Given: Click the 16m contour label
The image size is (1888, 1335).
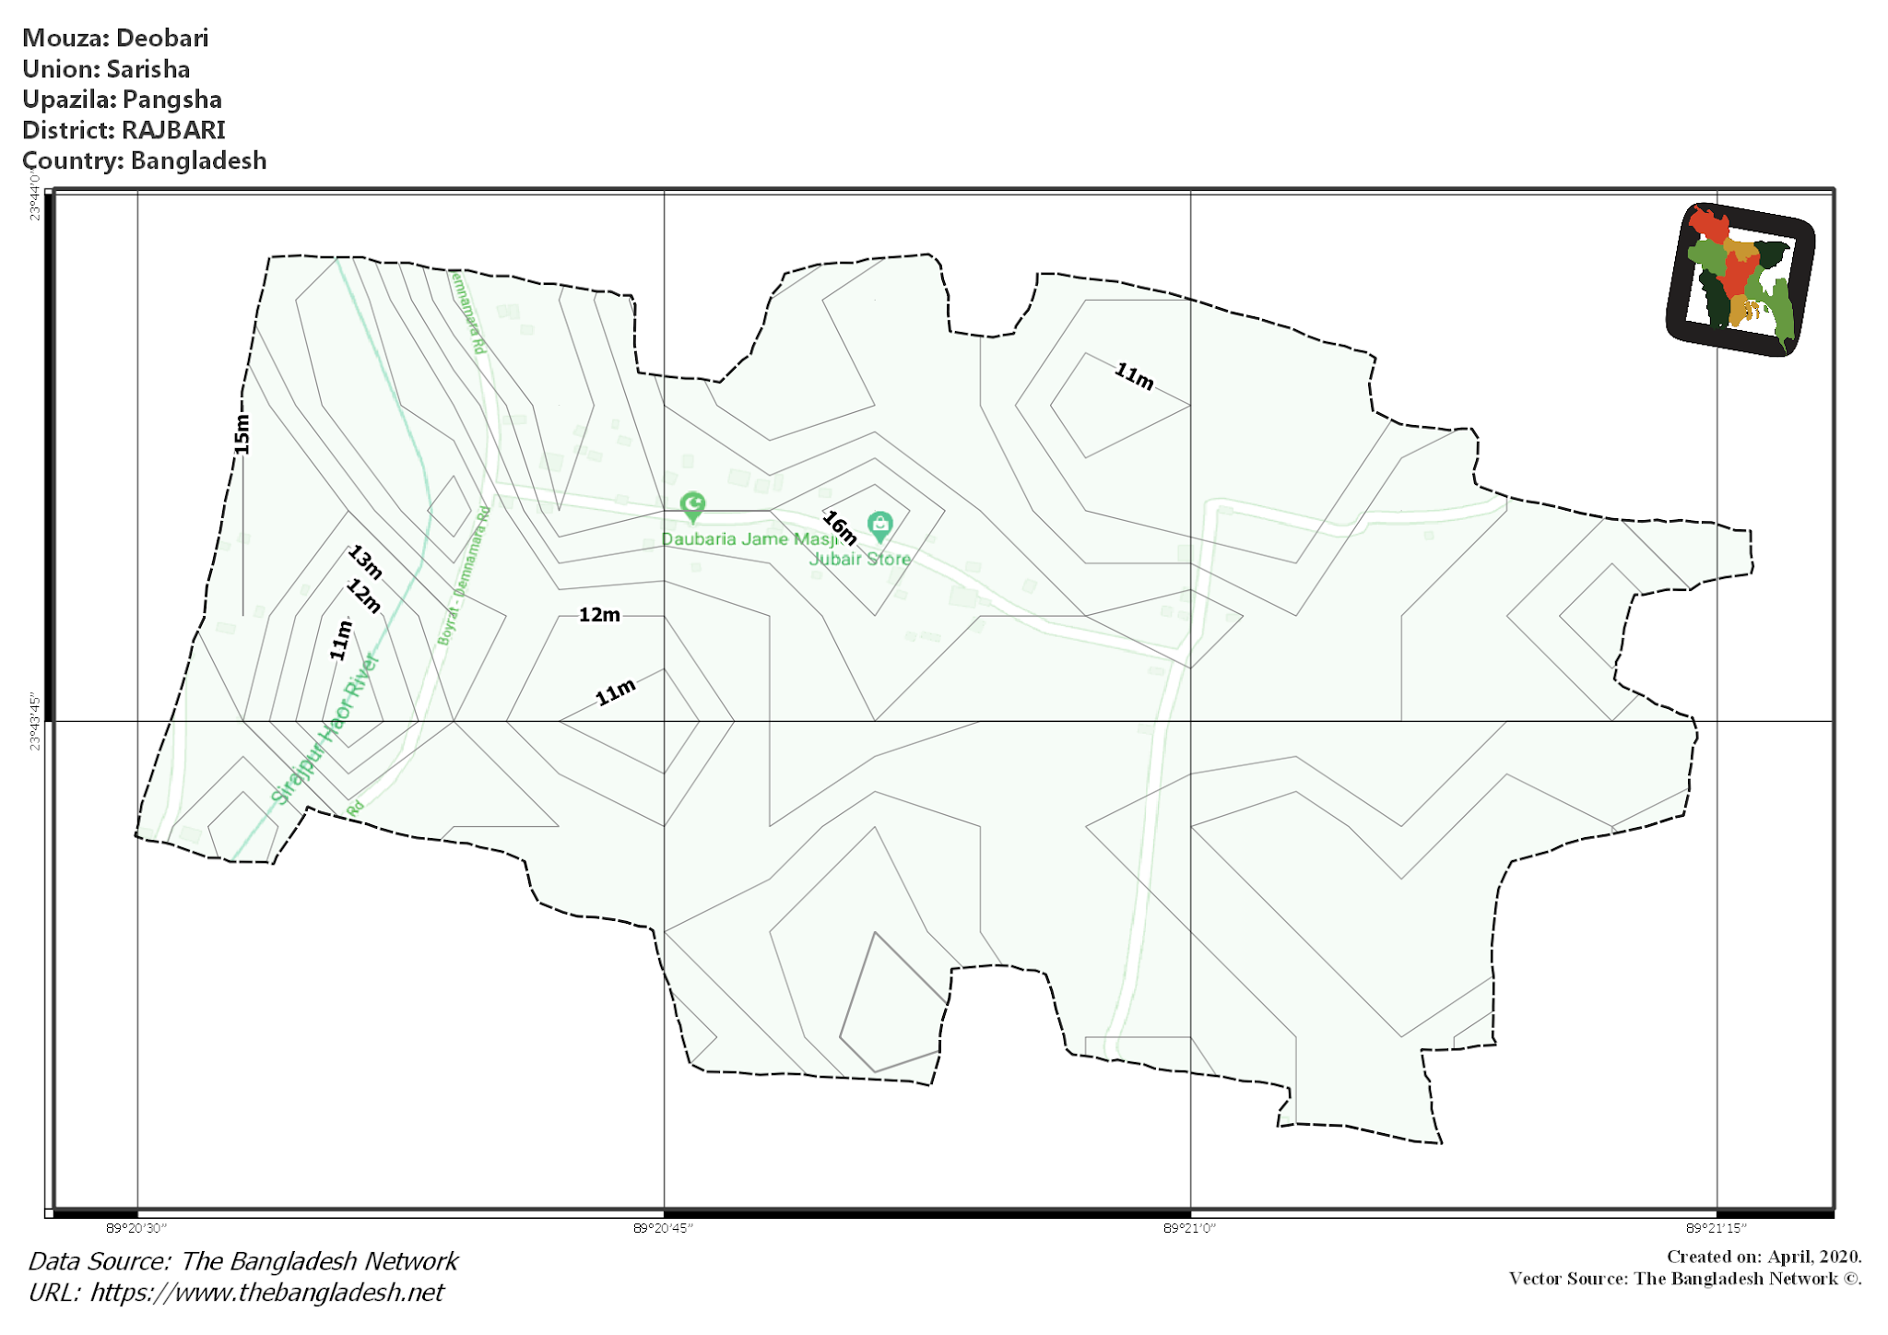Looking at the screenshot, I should [840, 527].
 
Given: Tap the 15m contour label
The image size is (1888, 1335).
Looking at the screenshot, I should [242, 433].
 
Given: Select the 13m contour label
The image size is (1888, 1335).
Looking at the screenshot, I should [365, 561].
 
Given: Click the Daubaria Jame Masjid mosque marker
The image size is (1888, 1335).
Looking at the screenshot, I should [692, 506].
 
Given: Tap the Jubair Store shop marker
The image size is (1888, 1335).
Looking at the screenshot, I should [879, 526].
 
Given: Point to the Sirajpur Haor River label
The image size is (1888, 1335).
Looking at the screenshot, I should [324, 729].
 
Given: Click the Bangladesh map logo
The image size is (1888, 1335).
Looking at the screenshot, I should [1740, 279].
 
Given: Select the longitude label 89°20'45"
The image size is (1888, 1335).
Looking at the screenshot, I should [663, 1228].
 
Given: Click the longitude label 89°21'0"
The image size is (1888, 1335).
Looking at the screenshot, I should [1189, 1228].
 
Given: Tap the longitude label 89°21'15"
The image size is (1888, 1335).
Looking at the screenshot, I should [1716, 1228].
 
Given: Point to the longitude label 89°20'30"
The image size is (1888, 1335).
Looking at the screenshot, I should [136, 1228].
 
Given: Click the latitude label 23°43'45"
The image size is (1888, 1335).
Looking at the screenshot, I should [35, 722].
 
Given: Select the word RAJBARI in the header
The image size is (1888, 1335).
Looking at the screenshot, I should [173, 130].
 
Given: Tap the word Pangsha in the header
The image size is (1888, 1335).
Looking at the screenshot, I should [172, 100].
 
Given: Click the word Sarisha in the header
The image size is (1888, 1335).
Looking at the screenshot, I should [148, 69].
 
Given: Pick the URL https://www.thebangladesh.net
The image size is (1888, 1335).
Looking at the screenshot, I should [267, 1293].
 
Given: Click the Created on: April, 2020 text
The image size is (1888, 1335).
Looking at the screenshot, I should [1764, 1257].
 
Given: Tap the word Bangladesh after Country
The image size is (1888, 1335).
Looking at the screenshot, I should [198, 160].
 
